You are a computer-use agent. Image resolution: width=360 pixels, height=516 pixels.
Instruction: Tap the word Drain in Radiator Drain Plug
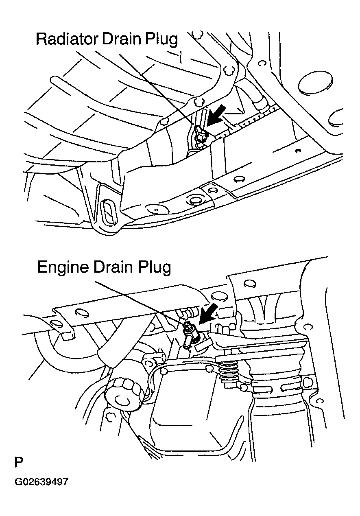(121, 39)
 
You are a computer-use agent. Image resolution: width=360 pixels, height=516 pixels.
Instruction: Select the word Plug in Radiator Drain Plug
(161, 40)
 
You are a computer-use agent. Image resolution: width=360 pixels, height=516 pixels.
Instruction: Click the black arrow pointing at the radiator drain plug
(216, 115)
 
